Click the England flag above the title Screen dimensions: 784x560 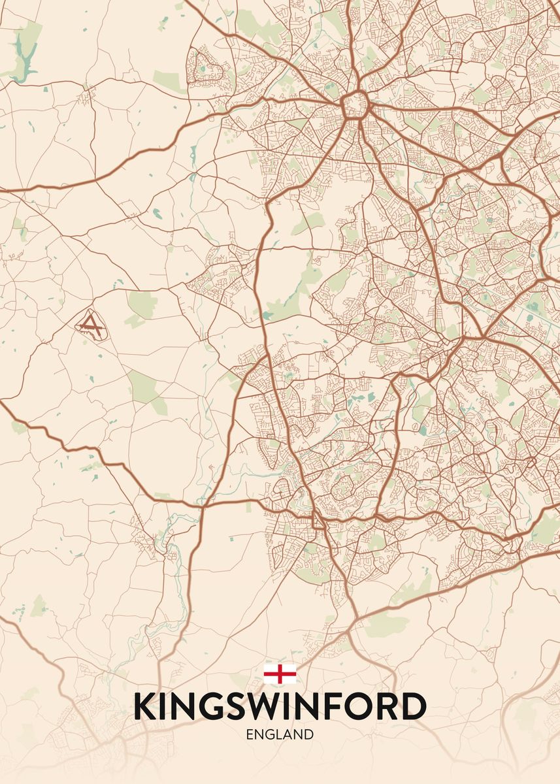coord(280,673)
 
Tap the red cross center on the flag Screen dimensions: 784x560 coord(280,673)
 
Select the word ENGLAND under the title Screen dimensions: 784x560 coord(280,734)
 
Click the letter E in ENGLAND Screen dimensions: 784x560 coord(250,734)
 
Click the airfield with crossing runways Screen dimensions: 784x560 coord(91,323)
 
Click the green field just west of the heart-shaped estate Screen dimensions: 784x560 coord(169,81)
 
